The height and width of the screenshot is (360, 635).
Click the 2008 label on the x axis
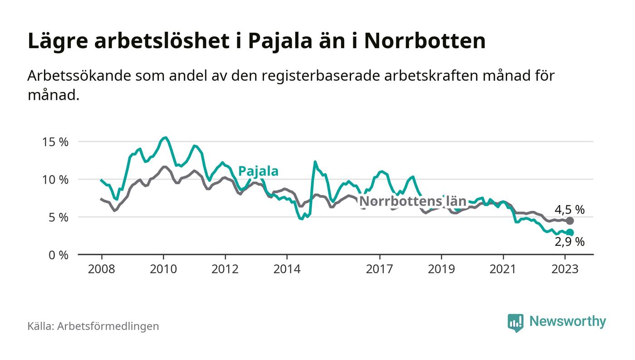point(101,269)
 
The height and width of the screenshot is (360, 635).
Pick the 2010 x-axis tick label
point(163,269)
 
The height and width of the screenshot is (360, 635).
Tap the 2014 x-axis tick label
point(287,269)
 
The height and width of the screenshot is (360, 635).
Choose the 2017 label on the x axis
point(379,269)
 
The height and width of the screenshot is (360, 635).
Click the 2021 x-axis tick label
point(503,269)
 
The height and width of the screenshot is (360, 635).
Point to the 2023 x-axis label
point(565,269)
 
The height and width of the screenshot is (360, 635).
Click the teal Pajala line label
point(258,171)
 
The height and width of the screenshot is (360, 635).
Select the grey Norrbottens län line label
point(413,201)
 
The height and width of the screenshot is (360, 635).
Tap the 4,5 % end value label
point(569,209)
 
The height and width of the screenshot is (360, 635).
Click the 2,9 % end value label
point(570,242)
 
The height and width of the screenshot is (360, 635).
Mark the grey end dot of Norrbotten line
point(570,221)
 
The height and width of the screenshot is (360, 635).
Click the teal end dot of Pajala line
point(570,233)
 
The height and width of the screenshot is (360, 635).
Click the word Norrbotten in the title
point(425,41)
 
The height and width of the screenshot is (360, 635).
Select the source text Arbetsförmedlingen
point(108,326)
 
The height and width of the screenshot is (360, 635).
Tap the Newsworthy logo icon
point(515,322)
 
